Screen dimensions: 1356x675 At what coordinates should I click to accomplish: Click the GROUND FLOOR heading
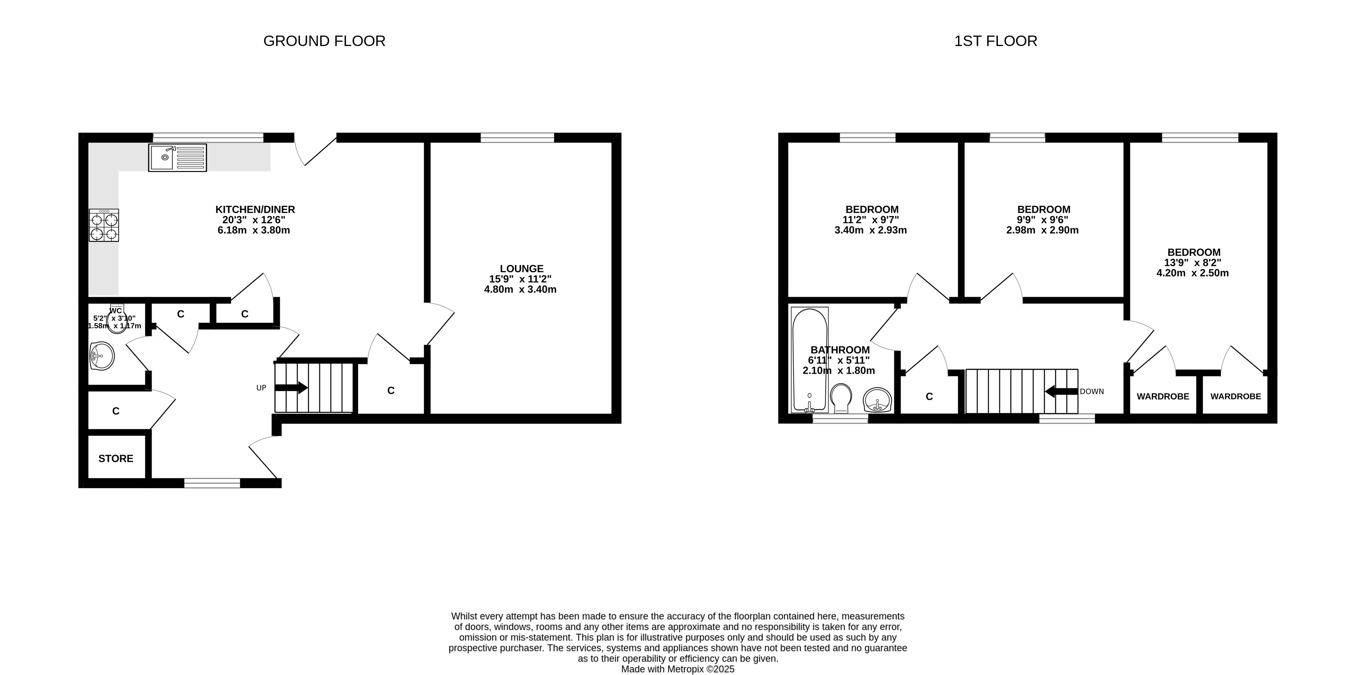pos(324,41)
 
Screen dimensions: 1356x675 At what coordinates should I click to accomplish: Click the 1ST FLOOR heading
pos(995,41)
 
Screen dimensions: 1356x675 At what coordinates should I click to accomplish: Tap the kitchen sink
pos(177,157)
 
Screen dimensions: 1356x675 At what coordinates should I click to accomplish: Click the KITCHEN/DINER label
pos(255,210)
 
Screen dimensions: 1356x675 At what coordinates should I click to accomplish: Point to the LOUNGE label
pos(522,268)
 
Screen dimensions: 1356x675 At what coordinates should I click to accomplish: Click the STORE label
pos(116,459)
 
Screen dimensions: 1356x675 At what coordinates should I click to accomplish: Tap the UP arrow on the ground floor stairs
pos(291,388)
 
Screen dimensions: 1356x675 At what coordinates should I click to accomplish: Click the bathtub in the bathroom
pos(810,360)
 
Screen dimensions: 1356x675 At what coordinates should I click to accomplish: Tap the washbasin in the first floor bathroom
pos(877,401)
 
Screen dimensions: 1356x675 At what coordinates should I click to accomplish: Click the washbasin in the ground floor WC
pos(102,356)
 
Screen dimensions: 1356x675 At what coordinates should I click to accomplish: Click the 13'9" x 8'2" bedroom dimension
pos(1193,263)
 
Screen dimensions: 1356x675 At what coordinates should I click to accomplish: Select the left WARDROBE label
pos(1163,396)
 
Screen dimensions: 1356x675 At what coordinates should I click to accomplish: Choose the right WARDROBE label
pos(1235,396)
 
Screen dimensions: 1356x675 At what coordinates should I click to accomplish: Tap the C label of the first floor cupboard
pos(929,396)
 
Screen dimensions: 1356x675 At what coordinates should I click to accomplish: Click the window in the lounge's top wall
pos(517,137)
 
